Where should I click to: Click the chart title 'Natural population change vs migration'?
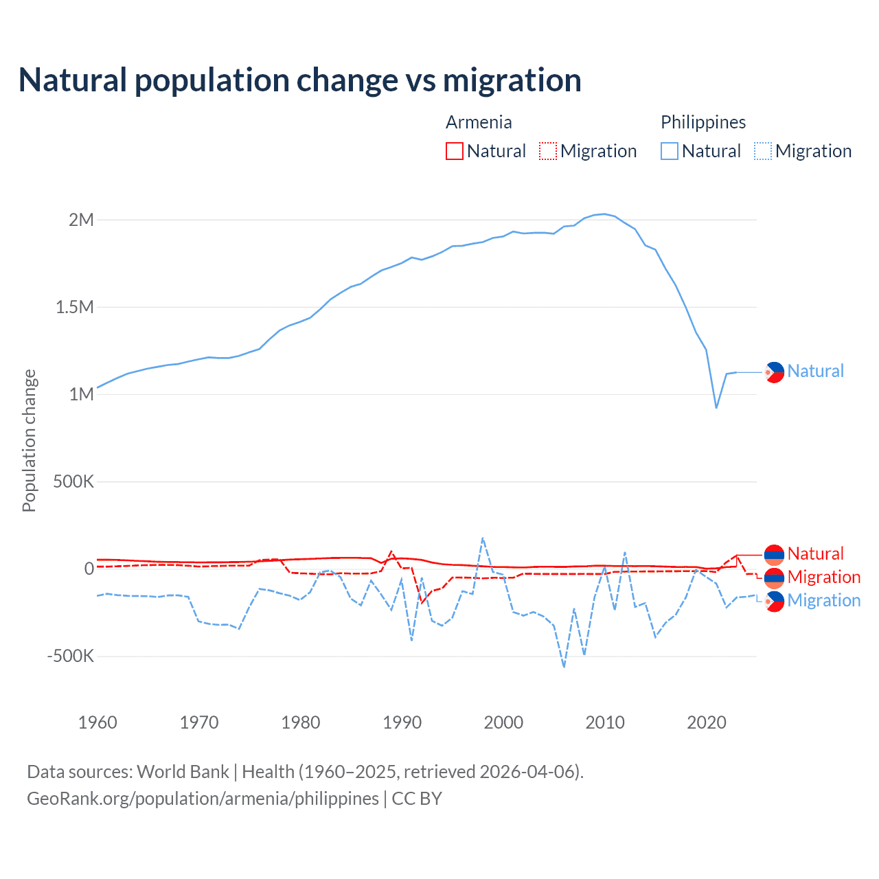pyautogui.click(x=300, y=80)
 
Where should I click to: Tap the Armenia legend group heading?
pyautogui.click(x=479, y=122)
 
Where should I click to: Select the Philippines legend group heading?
pyautogui.click(x=703, y=122)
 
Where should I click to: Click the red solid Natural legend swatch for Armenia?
pyautogui.click(x=455, y=151)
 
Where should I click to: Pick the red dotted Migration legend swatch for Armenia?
pyautogui.click(x=548, y=151)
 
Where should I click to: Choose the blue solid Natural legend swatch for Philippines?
pyautogui.click(x=670, y=151)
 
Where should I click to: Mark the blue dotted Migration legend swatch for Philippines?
pyautogui.click(x=763, y=151)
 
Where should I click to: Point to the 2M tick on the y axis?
pyautogui.click(x=81, y=220)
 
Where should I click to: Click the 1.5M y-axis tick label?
pyautogui.click(x=74, y=307)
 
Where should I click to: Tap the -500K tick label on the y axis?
pyautogui.click(x=70, y=656)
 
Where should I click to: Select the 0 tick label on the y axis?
pyautogui.click(x=89, y=569)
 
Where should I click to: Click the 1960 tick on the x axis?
pyautogui.click(x=98, y=722)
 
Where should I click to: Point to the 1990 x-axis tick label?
pyautogui.click(x=402, y=722)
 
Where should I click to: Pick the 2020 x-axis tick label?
pyautogui.click(x=707, y=722)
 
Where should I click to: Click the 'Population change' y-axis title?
pyautogui.click(x=29, y=440)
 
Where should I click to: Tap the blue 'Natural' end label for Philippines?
pyautogui.click(x=815, y=371)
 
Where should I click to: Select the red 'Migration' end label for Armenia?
pyautogui.click(x=823, y=577)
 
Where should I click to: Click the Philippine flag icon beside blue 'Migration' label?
pyautogui.click(x=774, y=601)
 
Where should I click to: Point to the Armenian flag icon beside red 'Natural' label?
pyautogui.click(x=774, y=554)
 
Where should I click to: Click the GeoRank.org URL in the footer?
pyautogui.click(x=203, y=799)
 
